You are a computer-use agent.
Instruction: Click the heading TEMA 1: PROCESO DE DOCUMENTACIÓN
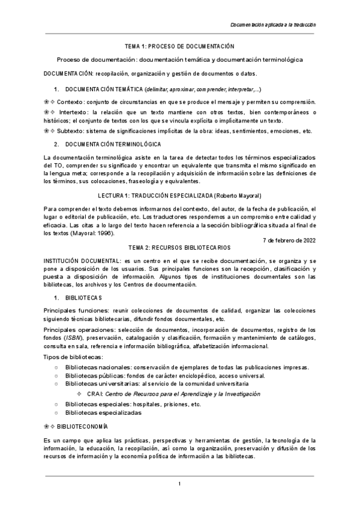(x=179, y=46)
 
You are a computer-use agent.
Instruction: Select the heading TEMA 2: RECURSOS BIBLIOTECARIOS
(x=179, y=247)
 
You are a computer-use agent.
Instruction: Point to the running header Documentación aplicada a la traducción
(x=273, y=25)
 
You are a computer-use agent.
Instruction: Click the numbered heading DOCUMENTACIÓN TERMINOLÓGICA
(x=104, y=145)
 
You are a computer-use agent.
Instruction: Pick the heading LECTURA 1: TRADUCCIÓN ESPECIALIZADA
(x=156, y=196)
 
